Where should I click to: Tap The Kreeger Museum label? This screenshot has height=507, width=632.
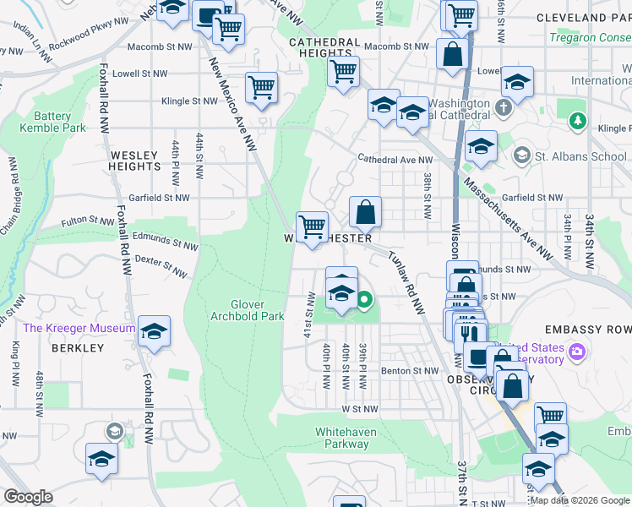(79, 328)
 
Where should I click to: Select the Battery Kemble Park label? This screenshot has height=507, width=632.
(59, 122)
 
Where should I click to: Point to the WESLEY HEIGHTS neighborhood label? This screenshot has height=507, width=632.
(133, 161)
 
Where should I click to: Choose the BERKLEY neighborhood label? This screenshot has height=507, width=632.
(77, 347)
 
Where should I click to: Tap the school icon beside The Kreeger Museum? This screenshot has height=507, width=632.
(154, 330)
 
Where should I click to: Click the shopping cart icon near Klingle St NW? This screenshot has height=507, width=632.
(261, 86)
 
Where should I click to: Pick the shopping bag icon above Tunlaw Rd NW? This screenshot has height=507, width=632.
(365, 212)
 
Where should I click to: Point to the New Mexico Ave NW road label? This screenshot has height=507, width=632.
(232, 93)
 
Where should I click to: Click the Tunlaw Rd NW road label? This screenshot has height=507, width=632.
(406, 282)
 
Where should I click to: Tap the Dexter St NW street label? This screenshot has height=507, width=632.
(161, 267)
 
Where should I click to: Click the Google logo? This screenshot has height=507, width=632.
(28, 497)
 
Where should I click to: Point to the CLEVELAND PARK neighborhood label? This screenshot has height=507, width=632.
(586, 17)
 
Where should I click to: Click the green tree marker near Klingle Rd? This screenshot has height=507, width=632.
(578, 122)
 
